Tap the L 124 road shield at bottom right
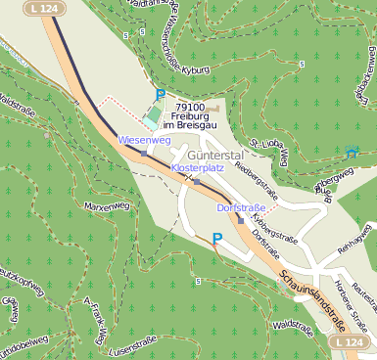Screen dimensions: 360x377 pyautogui.click(x=350, y=343)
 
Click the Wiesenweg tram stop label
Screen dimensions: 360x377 pyautogui.click(x=144, y=141)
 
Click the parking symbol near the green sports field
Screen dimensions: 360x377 pyautogui.click(x=161, y=95)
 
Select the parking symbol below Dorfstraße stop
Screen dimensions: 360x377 pyautogui.click(x=217, y=238)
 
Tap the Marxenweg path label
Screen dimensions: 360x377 pyautogui.click(x=107, y=206)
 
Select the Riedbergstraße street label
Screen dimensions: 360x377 pyautogui.click(x=258, y=181)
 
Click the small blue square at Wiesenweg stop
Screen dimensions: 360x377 pyautogui.click(x=144, y=154)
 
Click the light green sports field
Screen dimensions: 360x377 pyautogui.click(x=151, y=117)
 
